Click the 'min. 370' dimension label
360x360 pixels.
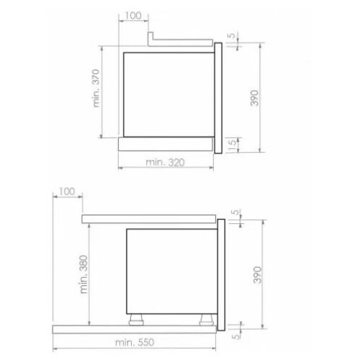pos(96,88)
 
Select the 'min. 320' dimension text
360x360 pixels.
pos(165,163)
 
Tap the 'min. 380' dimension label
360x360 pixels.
pos(84,274)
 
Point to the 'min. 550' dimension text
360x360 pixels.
pos(135,342)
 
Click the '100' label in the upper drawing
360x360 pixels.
pos(133,16)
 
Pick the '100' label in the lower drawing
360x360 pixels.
pos(67,192)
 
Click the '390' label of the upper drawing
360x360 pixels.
pos(254,98)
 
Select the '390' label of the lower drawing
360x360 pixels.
pos(257,274)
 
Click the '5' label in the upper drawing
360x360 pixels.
pos(231,35)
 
